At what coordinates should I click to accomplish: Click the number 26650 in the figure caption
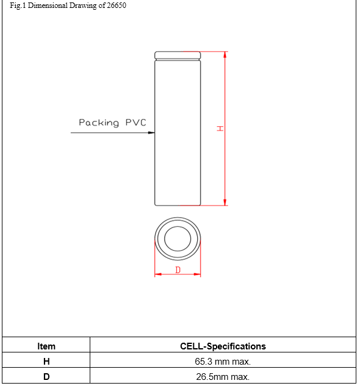pos(117,5)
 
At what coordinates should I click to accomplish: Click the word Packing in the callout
pos(99,123)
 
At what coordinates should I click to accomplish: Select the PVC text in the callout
pos(136,123)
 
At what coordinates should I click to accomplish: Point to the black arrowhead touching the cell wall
pos(151,133)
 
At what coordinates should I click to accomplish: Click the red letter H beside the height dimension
pos(220,128)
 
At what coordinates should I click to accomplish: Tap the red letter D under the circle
pos(178,270)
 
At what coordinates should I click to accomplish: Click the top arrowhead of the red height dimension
pos(225,55)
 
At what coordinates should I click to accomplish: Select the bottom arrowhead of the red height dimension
pos(225,202)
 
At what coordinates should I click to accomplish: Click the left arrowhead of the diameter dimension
pos(158,274)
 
